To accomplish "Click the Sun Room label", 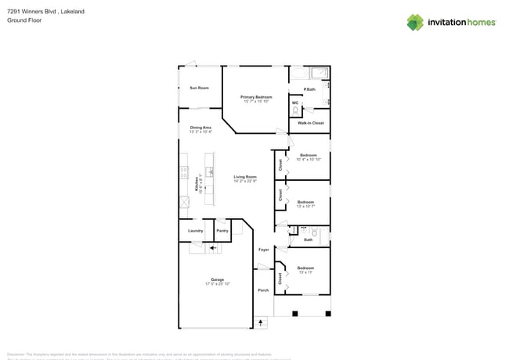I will click(x=199, y=88).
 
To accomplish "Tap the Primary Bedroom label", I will click(x=256, y=97).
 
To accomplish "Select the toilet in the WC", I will click(x=295, y=110).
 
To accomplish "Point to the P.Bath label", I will click(x=309, y=89).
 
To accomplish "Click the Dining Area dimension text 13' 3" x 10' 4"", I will click(x=200, y=131).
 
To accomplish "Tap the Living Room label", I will click(x=245, y=177).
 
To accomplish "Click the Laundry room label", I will click(x=196, y=231).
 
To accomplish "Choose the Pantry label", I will click(x=222, y=231).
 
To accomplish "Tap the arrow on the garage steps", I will click(x=211, y=248).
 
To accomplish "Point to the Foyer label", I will click(x=264, y=249).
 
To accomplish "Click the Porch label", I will click(x=263, y=290).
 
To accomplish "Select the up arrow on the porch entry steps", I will click(x=261, y=322).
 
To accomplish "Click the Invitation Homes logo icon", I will click(x=415, y=22).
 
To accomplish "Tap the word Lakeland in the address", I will click(x=71, y=12).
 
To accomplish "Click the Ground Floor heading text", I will click(x=23, y=20).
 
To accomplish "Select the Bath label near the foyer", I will click(x=308, y=239).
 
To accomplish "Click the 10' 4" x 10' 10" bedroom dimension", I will click(x=308, y=160).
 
